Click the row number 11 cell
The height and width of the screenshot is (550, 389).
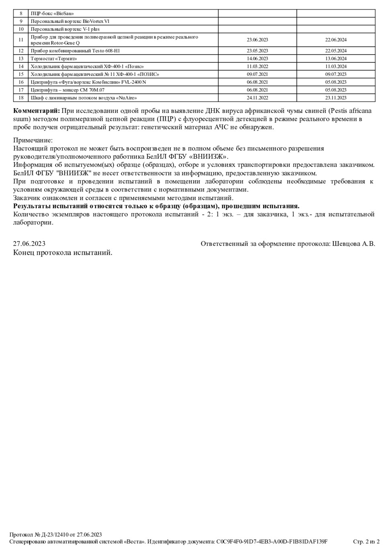(21, 40)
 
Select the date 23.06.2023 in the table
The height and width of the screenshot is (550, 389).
(257, 40)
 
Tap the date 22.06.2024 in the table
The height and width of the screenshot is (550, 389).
(336, 40)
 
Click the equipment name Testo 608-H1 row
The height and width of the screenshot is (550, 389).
(75, 51)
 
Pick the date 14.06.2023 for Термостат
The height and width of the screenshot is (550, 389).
(257, 59)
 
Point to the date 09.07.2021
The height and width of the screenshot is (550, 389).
(257, 74)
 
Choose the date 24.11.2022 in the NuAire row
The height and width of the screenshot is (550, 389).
(257, 98)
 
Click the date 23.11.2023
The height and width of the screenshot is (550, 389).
(336, 98)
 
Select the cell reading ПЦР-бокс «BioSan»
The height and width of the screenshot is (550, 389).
(52, 13)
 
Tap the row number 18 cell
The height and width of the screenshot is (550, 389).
(21, 98)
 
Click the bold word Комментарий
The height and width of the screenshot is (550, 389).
(37, 110)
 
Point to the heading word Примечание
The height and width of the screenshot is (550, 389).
(33, 140)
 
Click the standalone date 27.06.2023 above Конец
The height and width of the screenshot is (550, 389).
(29, 243)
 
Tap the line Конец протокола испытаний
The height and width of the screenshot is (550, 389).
(63, 253)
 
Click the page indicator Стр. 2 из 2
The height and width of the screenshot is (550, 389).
(366, 542)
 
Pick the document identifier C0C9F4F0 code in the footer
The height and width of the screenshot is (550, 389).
(272, 542)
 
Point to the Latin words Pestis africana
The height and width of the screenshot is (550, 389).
(352, 110)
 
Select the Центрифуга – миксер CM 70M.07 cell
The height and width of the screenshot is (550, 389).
(68, 90)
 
